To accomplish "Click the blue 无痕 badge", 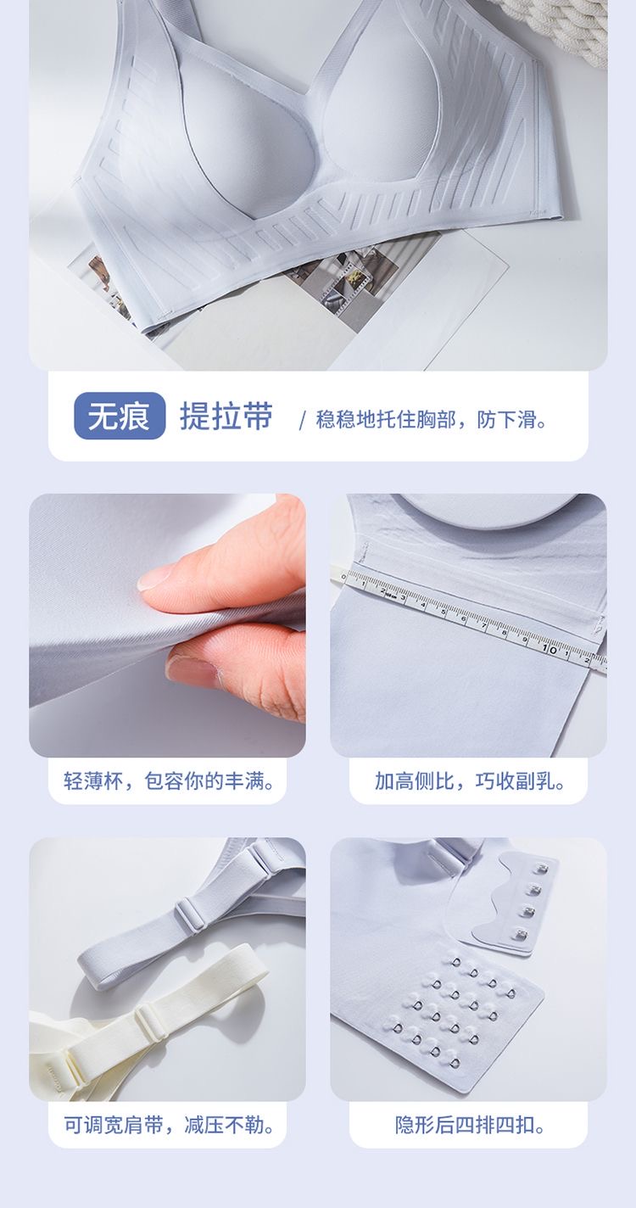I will [x=120, y=417].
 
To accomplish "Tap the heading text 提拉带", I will [x=226, y=417].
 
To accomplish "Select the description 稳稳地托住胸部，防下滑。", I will [x=432, y=419].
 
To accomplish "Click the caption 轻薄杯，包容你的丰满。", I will [x=170, y=780].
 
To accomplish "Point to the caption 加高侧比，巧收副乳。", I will [x=470, y=780].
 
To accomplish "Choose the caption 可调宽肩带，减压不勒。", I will [x=170, y=1125].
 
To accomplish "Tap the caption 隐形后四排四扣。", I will [x=470, y=1125].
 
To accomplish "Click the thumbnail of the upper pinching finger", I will [x=156, y=578].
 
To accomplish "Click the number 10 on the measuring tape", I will [x=550, y=649].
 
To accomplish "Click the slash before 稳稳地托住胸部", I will [x=302, y=420].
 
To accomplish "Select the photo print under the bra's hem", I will [x=339, y=271].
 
